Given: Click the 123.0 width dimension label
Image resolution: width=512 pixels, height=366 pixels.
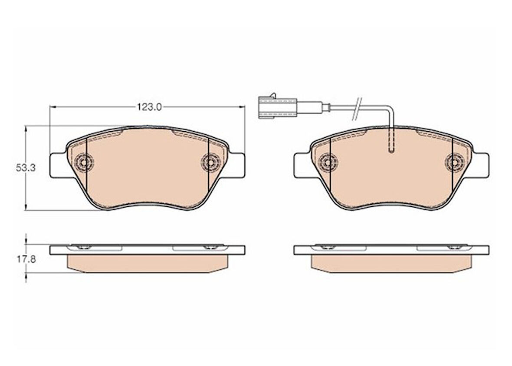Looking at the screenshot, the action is click(149, 107).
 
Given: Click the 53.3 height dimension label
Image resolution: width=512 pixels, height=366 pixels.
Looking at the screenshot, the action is click(26, 168).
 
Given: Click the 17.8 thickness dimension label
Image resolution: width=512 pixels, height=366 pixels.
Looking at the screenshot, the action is click(26, 260).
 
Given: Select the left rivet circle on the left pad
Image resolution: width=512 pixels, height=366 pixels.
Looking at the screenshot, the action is click(84, 162).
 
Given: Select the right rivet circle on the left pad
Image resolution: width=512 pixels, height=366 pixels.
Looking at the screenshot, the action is click(210, 162).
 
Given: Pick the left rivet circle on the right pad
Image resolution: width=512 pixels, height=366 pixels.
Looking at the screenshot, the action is click(328, 162).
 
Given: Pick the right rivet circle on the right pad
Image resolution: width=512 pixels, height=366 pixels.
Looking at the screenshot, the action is click(455, 162).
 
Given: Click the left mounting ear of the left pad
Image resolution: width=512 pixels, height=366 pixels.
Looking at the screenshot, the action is click(59, 166).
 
